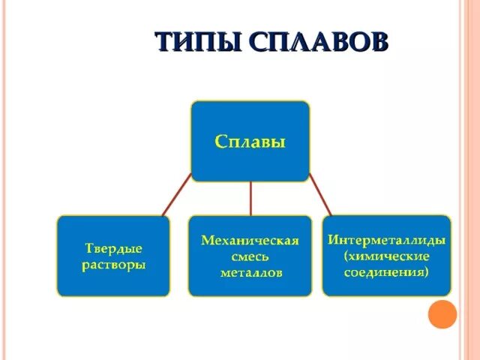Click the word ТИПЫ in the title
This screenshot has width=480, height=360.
pyautogui.click(x=196, y=42)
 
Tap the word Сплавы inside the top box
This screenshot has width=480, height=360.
pyautogui.click(x=250, y=141)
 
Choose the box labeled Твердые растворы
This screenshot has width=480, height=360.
pyautogui.click(x=112, y=255)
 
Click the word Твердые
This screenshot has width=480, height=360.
pyautogui.click(x=112, y=247)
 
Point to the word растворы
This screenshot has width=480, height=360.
pyautogui.click(x=112, y=265)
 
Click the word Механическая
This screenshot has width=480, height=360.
pyautogui.click(x=250, y=241)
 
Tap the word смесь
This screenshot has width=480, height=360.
pyautogui.click(x=250, y=257)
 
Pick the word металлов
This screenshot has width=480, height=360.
pyautogui.click(x=250, y=273)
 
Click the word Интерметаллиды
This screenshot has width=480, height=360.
pyautogui.click(x=386, y=241)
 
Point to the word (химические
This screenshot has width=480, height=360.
pyautogui.click(x=387, y=256)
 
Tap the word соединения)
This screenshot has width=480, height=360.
pyautogui.click(x=387, y=272)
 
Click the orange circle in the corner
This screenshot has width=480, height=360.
pyautogui.click(x=442, y=314)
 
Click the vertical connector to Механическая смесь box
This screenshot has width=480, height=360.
pyautogui.click(x=250, y=198)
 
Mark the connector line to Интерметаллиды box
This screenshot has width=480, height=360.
pyautogui.click(x=320, y=197)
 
